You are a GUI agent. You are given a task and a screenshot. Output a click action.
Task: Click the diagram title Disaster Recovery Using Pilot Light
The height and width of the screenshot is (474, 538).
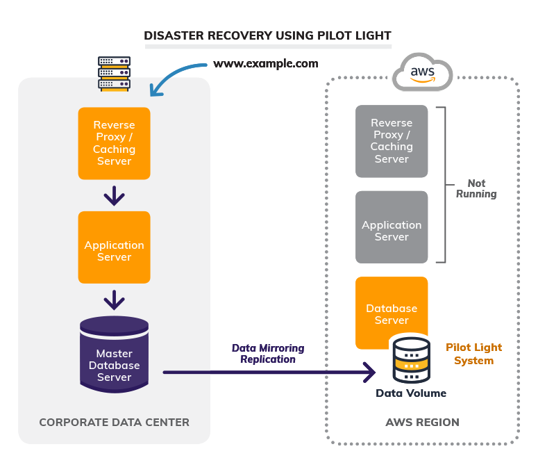[x=267, y=35]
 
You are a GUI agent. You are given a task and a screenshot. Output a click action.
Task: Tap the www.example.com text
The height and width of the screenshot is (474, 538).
[x=265, y=64]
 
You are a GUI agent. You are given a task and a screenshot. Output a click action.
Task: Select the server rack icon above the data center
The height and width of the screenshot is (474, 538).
[x=115, y=73]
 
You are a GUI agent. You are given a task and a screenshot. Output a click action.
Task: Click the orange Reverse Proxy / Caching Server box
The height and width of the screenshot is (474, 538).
[x=114, y=143]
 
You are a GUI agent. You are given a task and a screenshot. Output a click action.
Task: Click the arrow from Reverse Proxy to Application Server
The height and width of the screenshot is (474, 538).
[x=114, y=197]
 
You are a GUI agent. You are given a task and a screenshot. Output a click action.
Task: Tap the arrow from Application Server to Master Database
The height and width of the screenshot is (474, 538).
[x=114, y=300]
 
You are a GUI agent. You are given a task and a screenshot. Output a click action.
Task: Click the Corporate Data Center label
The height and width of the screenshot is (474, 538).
[x=114, y=422]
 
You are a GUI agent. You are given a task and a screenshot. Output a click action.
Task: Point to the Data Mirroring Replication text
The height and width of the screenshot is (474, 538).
[x=268, y=354]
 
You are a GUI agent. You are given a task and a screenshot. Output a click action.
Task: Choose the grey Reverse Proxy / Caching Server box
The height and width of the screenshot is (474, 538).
[x=392, y=141]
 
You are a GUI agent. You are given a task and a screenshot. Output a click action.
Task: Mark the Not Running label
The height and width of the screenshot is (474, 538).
[x=476, y=188]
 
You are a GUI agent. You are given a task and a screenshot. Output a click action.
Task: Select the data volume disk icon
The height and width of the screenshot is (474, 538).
[x=411, y=359]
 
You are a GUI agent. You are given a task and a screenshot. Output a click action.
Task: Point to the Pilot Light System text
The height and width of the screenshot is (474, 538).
[x=473, y=354]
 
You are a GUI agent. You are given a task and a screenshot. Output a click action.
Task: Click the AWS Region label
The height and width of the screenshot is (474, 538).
[x=422, y=422]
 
